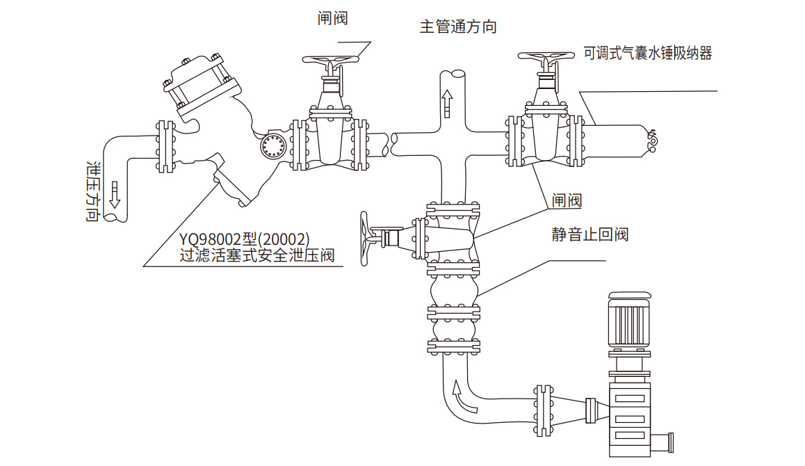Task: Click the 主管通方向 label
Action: (458, 27)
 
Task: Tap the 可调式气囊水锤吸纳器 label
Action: (647, 54)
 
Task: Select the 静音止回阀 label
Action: (590, 234)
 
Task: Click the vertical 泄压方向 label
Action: (91, 191)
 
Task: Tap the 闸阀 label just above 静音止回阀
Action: (567, 201)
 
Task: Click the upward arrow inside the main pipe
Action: (447, 104)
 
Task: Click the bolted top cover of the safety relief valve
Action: (197, 82)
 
